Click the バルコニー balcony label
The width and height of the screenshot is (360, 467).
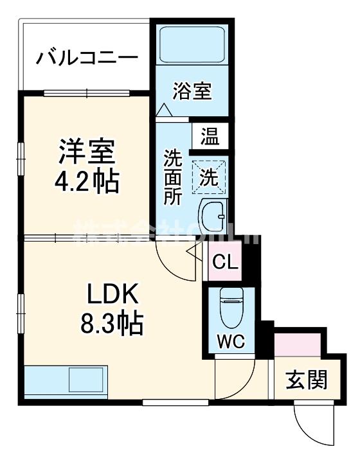point(87,58)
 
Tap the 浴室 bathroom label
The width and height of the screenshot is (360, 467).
point(192,91)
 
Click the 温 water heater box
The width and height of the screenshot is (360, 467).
point(210,136)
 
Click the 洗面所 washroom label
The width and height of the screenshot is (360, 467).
point(172,177)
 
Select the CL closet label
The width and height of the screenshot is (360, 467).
point(226,262)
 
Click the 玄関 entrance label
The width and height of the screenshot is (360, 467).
point(306,380)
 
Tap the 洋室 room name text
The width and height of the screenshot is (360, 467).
point(86,153)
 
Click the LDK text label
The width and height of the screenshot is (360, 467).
point(113,294)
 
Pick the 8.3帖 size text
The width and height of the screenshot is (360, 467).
point(113,322)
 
